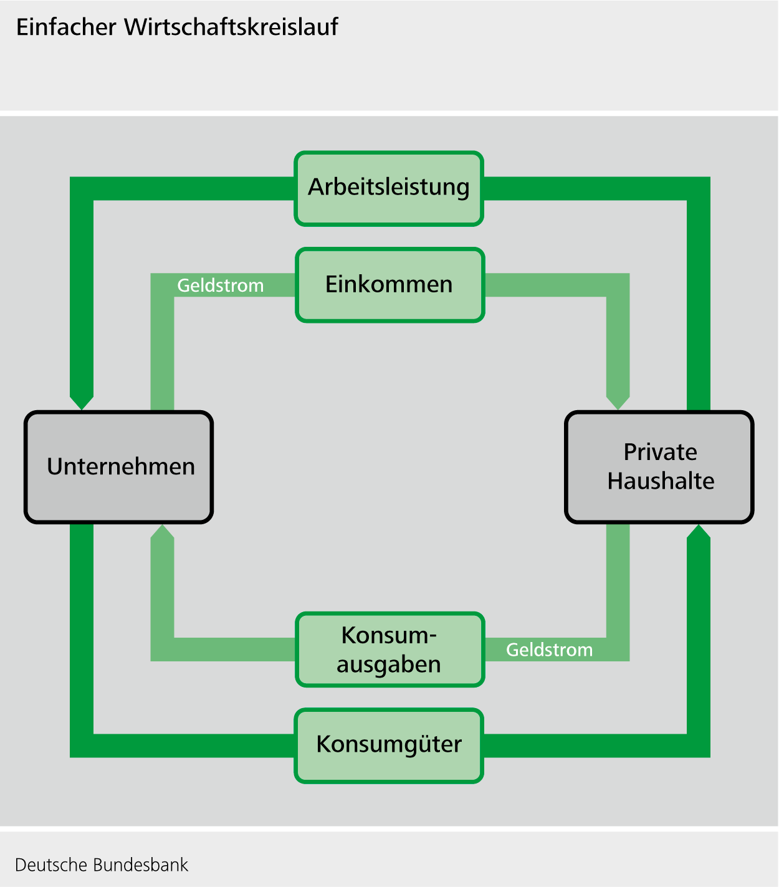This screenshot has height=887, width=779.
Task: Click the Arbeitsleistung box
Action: (x=389, y=188)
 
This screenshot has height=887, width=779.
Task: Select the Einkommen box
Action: (x=389, y=285)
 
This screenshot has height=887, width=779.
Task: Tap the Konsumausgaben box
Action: (x=389, y=650)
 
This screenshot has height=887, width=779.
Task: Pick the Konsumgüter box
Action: (x=389, y=746)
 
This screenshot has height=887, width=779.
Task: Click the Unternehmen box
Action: (x=119, y=467)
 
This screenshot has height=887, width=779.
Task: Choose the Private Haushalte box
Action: (x=659, y=467)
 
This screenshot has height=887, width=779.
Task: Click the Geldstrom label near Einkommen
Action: (x=221, y=285)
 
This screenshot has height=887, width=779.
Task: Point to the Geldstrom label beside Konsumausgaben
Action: (x=549, y=650)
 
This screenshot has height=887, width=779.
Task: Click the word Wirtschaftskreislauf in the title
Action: (x=231, y=27)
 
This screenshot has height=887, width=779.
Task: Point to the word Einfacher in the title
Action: (x=66, y=27)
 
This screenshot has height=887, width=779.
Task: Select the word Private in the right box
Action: (x=660, y=452)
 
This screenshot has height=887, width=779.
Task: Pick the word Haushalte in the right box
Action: (x=661, y=481)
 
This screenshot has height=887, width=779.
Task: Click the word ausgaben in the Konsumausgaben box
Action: (x=389, y=664)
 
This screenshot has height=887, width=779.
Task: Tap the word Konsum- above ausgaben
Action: (x=389, y=635)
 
